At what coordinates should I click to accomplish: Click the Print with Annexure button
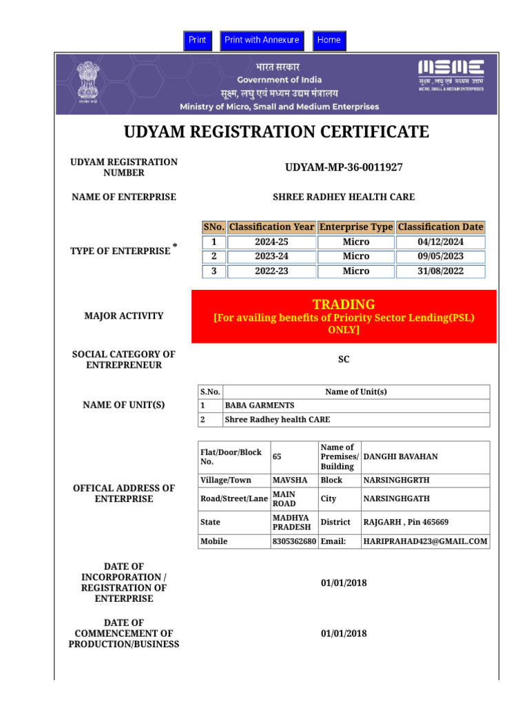pyautogui.click(x=262, y=40)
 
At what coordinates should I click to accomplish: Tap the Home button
pyautogui.click(x=329, y=40)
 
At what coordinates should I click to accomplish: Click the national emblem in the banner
pyautogui.click(x=87, y=81)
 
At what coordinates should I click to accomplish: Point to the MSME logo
pyautogui.click(x=451, y=75)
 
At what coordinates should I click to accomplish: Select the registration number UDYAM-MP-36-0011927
pyautogui.click(x=344, y=167)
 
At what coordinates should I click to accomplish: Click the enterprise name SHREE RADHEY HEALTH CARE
pyautogui.click(x=344, y=197)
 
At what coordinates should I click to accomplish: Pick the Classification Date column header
pyautogui.click(x=441, y=227)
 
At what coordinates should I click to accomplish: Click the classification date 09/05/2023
pyautogui.click(x=441, y=256)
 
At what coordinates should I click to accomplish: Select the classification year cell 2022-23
pyautogui.click(x=271, y=271)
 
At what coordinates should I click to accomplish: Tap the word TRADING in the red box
pyautogui.click(x=344, y=304)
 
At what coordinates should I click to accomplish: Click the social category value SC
pyautogui.click(x=344, y=359)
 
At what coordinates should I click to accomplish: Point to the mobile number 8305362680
pyautogui.click(x=294, y=541)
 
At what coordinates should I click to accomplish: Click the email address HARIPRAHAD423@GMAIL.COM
pyautogui.click(x=426, y=541)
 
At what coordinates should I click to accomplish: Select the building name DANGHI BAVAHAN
pyautogui.click(x=400, y=456)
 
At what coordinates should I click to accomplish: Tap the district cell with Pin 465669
pyautogui.click(x=406, y=523)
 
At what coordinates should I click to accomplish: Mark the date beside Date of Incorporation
pyautogui.click(x=344, y=583)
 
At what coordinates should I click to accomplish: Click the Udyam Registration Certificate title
pyautogui.click(x=276, y=131)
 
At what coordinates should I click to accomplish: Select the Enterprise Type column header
pyautogui.click(x=356, y=227)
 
